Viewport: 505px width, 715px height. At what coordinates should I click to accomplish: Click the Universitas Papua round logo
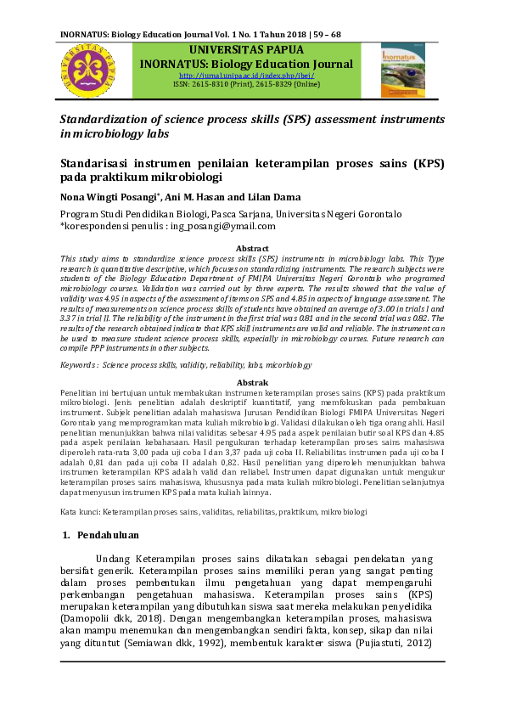point(88,69)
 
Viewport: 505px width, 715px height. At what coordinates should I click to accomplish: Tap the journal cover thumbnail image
point(403,70)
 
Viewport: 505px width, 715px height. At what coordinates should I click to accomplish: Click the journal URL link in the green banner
point(246,74)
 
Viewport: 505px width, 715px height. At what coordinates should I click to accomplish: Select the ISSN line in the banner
point(246,84)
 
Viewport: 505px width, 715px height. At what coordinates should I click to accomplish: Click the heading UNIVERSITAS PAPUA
point(246,50)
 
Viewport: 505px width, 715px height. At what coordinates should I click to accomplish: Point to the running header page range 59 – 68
point(323,35)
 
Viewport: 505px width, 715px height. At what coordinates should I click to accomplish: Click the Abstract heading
point(251,248)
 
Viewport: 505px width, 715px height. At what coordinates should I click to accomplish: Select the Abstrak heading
point(251,383)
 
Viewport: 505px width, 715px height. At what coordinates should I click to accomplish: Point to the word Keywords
point(77,365)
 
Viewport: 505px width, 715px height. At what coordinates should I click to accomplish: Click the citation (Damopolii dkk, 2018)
point(114,620)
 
